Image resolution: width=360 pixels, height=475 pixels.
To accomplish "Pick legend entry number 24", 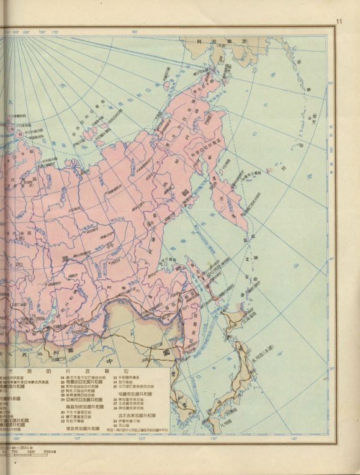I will coord(61,377).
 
